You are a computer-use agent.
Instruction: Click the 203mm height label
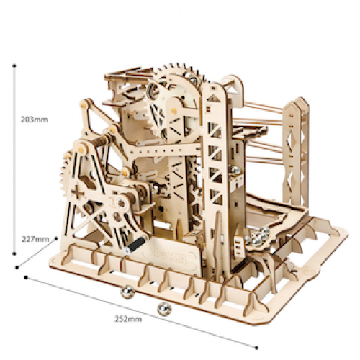click(35, 120)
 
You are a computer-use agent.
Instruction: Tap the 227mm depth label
click(35, 239)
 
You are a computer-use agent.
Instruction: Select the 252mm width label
click(128, 319)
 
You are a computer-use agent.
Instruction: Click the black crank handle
click(135, 245)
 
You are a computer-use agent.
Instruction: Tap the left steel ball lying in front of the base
click(127, 292)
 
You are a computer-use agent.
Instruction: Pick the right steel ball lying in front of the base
click(164, 309)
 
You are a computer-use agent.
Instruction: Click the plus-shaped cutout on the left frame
click(78, 193)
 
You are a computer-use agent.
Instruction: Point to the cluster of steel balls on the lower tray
click(258, 236)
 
